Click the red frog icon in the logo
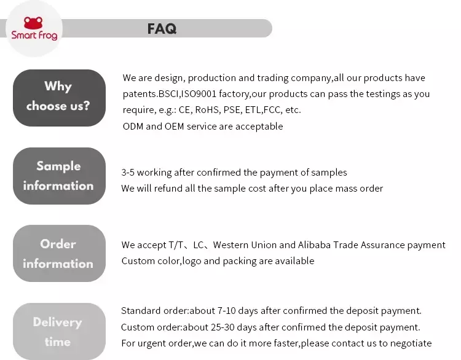coord(33,23)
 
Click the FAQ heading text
coord(162,29)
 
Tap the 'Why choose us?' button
coord(59,98)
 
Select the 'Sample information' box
coord(59,176)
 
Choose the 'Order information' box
coord(59,253)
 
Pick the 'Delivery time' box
coord(59,331)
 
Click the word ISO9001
coord(199,94)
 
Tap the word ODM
coord(133,127)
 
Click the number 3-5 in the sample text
coord(128,172)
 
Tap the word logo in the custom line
coord(192,261)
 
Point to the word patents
coord(140,94)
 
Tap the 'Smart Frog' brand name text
coord(34,35)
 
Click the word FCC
coord(272,110)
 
